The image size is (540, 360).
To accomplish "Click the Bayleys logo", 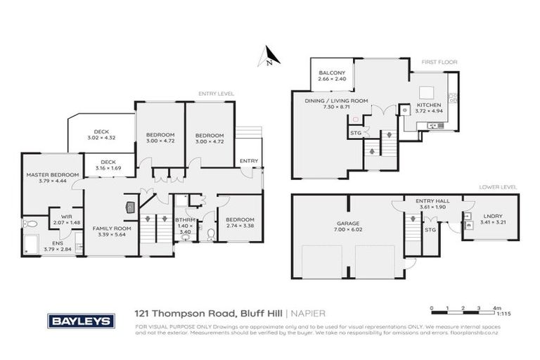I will (x=81, y=321).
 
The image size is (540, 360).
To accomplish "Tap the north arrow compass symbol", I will (x=267, y=56).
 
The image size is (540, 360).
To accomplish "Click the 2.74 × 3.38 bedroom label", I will (x=240, y=224).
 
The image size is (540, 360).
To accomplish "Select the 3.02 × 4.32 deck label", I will (x=101, y=134).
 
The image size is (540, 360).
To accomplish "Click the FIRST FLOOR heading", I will (x=439, y=63).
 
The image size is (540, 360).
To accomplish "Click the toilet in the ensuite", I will (x=30, y=224).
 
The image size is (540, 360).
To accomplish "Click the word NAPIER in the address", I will (x=309, y=314).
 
